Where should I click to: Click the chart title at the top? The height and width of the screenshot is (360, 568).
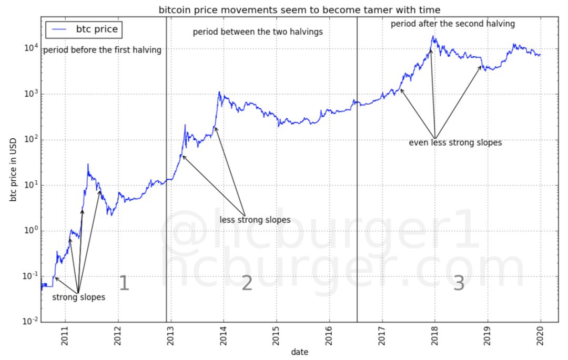pyautogui.click(x=300, y=10)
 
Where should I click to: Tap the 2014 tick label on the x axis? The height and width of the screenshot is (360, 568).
pyautogui.click(x=224, y=341)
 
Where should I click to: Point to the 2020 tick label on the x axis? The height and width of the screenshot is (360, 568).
pyautogui.click(x=541, y=341)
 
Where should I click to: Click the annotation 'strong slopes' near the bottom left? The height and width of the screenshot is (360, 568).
pyautogui.click(x=78, y=297)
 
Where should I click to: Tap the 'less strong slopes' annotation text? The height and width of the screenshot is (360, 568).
pyautogui.click(x=255, y=220)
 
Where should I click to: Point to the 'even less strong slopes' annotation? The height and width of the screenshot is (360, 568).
pyautogui.click(x=455, y=142)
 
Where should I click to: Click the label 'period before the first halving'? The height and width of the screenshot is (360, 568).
pyautogui.click(x=102, y=50)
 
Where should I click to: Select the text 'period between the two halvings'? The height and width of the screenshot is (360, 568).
pyautogui.click(x=258, y=32)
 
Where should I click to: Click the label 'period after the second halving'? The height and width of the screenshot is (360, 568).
pyautogui.click(x=453, y=24)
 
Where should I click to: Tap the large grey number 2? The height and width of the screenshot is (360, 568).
pyautogui.click(x=247, y=283)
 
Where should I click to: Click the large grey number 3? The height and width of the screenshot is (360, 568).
pyautogui.click(x=459, y=283)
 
